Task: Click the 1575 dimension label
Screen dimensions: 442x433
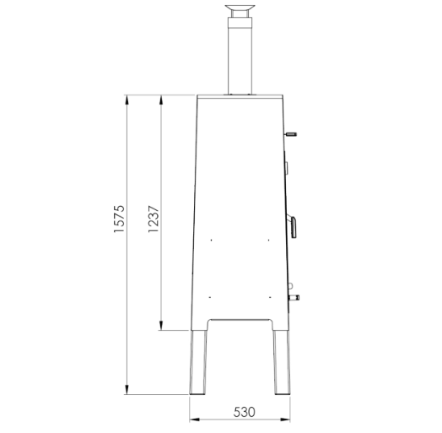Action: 119,219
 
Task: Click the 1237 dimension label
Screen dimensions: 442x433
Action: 154,219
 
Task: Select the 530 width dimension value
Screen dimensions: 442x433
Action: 244,412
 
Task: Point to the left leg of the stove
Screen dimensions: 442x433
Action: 198,362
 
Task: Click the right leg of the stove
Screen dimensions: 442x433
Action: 282,362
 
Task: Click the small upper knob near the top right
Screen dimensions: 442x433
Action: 291,134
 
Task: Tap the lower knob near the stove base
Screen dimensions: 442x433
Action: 294,297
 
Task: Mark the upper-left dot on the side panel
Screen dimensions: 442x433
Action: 212,240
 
